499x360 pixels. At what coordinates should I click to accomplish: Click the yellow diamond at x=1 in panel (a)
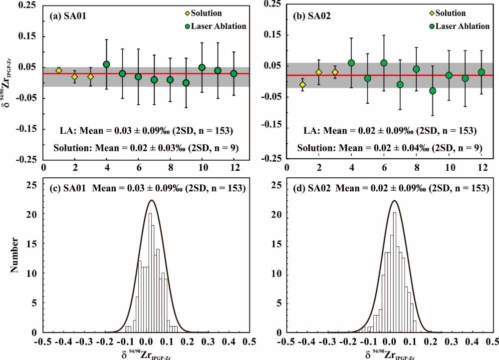pyautogui.click(x=59, y=70)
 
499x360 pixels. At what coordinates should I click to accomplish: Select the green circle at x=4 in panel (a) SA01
pyautogui.click(x=106, y=64)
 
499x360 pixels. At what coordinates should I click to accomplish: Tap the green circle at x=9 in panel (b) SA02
pyautogui.click(x=432, y=91)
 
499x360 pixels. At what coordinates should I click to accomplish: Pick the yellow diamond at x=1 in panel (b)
pyautogui.click(x=302, y=85)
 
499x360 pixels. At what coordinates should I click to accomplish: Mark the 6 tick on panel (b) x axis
pyautogui.click(x=384, y=168)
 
